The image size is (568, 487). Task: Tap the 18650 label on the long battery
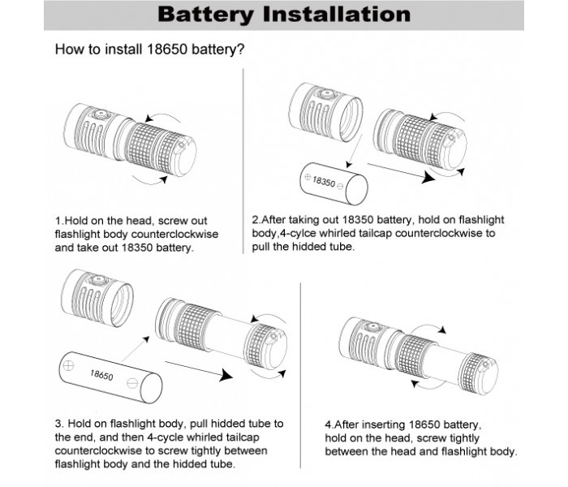tap(101, 376)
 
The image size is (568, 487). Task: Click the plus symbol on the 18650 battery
tap(69, 365)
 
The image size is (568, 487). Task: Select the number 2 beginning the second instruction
tap(256, 219)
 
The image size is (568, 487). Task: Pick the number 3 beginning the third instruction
tap(58, 423)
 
